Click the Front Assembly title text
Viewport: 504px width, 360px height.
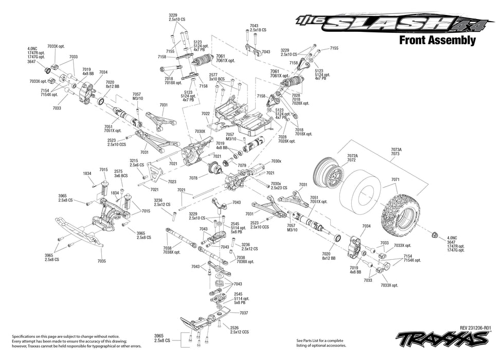pos(437,41)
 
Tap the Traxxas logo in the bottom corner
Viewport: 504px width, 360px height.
pos(442,339)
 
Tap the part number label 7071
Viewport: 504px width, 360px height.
pos(395,179)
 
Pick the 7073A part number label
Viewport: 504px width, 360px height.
pos(396,149)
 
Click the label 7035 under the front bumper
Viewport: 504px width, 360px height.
pos(101,261)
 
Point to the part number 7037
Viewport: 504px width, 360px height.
pos(244,313)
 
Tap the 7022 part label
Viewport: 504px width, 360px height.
pos(205,114)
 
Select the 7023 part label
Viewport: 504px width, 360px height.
pos(172,182)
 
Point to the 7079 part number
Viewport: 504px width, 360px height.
pos(242,165)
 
